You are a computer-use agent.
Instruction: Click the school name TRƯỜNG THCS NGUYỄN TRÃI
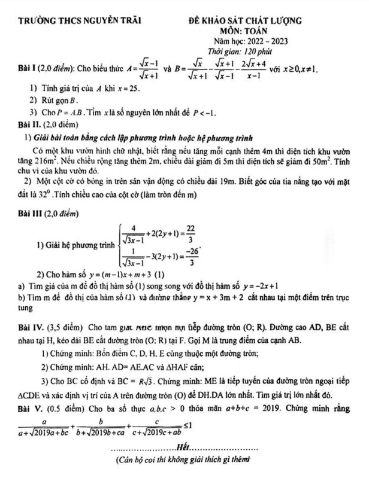click(80, 22)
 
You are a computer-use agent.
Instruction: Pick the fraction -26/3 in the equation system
click(192, 257)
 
